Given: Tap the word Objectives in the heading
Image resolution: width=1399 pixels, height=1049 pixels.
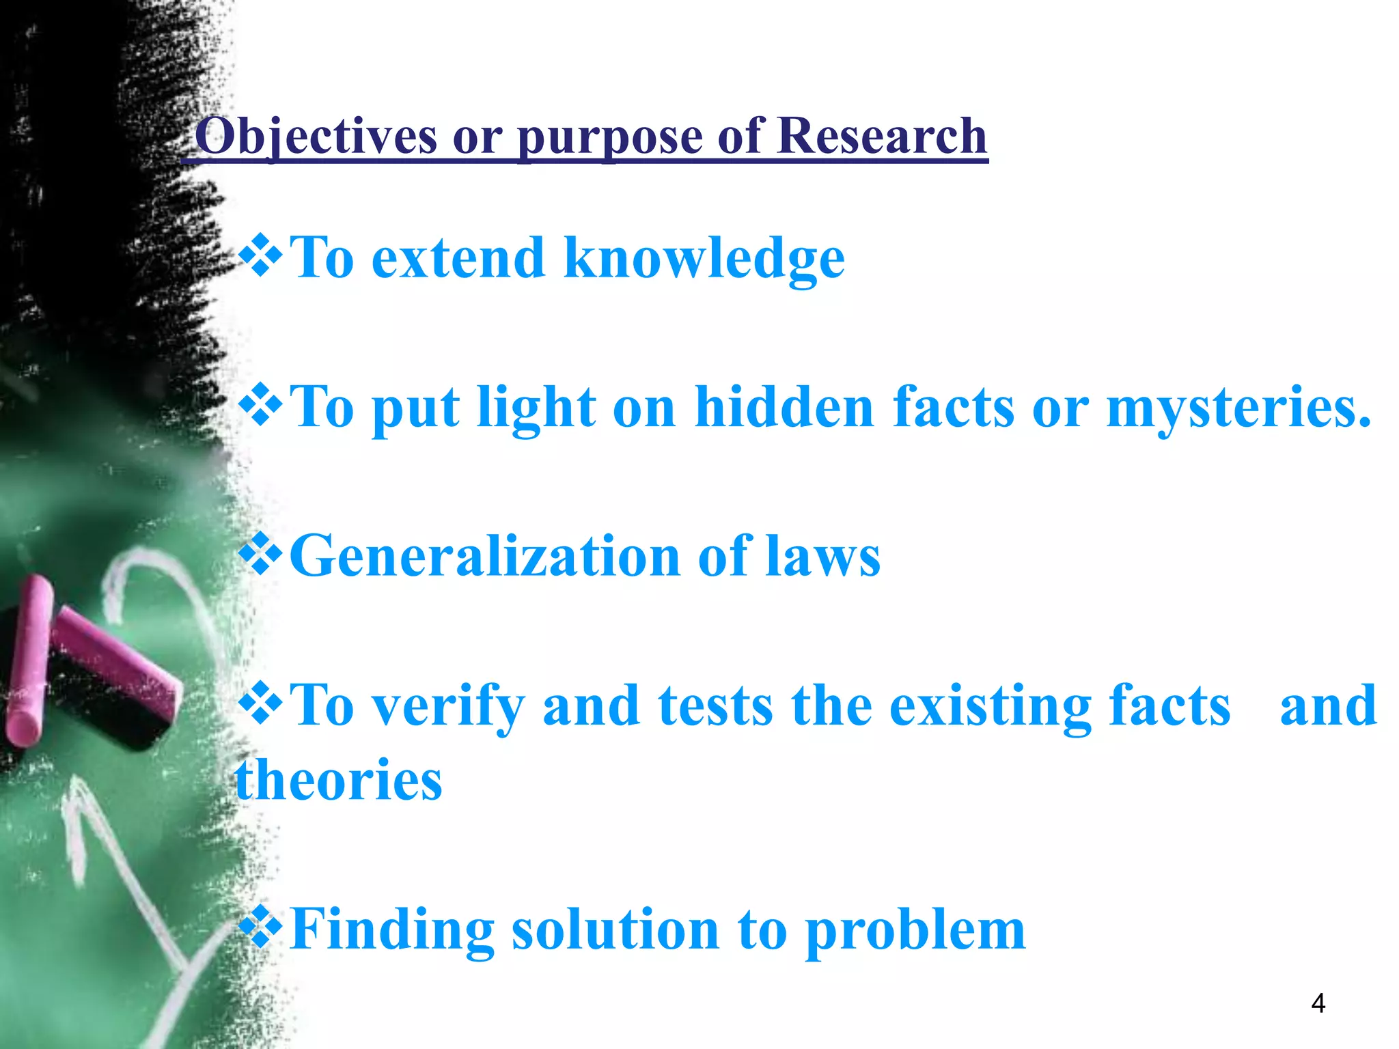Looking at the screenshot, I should [x=316, y=137].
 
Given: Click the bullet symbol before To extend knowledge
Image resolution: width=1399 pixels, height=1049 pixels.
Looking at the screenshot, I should [x=260, y=255].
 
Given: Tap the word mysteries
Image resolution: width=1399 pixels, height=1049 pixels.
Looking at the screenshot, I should [x=1238, y=408].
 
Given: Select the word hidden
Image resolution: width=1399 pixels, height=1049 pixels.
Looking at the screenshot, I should [x=784, y=407].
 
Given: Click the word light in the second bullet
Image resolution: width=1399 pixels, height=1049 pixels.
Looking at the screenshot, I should [x=536, y=408].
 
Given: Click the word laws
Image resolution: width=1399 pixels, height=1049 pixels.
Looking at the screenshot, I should [x=822, y=557].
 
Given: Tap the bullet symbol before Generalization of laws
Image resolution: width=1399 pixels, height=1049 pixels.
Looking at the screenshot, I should [x=260, y=554].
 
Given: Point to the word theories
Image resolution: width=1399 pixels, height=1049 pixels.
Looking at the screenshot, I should [x=339, y=780].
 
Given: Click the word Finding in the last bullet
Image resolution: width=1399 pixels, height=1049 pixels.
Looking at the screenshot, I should [x=392, y=930].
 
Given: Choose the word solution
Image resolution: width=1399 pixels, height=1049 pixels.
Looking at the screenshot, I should [x=615, y=930].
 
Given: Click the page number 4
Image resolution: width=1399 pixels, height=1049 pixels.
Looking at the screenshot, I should [x=1318, y=1003].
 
